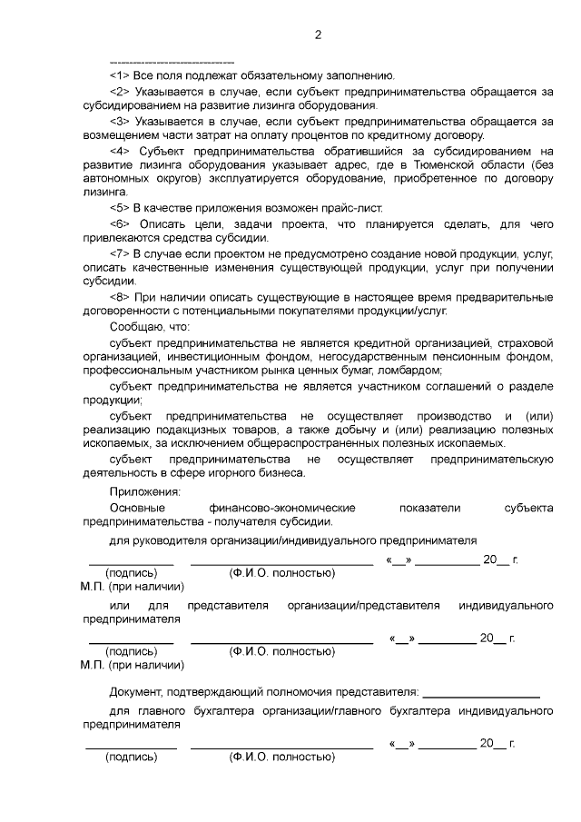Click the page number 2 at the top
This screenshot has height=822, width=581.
pyautogui.click(x=318, y=35)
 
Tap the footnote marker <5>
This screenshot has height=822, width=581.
pyautogui.click(x=121, y=208)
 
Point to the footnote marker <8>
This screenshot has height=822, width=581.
pyautogui.click(x=121, y=296)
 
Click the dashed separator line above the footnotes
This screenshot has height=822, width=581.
pyautogui.click(x=172, y=61)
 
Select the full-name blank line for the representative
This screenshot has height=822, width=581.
pyautogui.click(x=281, y=643)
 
